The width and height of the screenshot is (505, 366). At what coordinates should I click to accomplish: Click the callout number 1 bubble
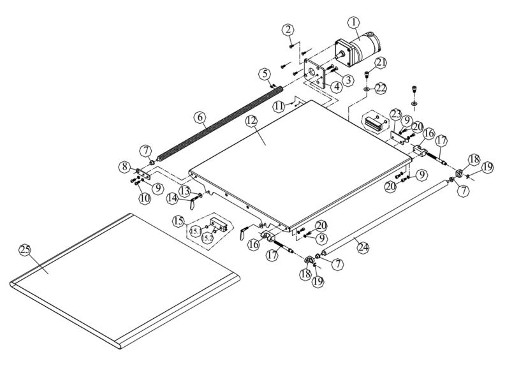point(351,21)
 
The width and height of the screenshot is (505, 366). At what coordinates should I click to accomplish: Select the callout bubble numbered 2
point(289,29)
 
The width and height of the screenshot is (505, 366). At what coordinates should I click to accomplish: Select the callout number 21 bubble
point(381,62)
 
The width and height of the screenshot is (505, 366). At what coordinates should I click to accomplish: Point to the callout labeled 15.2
point(207,237)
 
